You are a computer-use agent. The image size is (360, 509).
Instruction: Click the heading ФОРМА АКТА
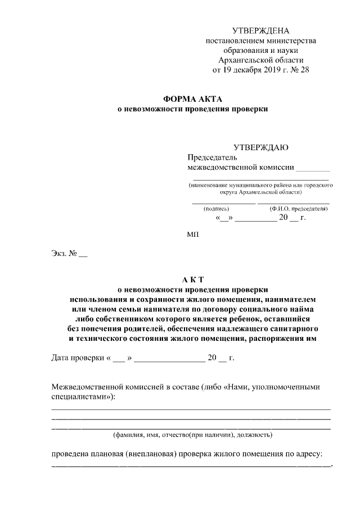point(192,99)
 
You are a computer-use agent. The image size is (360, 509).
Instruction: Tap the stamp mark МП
point(192,233)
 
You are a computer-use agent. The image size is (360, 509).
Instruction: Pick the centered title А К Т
point(192,279)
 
